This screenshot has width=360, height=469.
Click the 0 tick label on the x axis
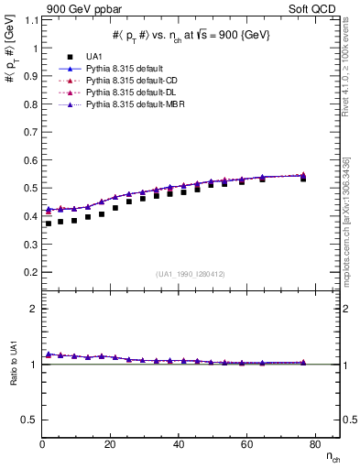point(42,444)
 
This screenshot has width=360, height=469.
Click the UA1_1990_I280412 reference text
point(189,274)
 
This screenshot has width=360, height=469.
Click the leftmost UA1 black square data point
point(49,224)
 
